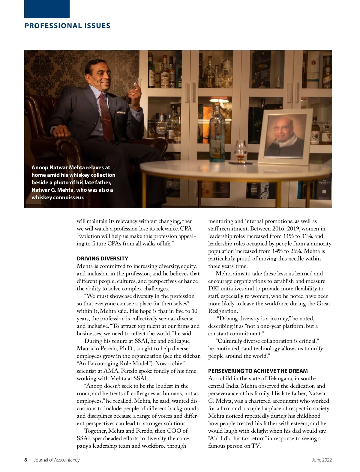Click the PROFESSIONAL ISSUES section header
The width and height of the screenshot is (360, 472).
(67, 26)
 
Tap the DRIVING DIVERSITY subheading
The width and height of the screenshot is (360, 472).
(102, 259)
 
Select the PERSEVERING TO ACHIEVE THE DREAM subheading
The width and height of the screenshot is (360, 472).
(258, 371)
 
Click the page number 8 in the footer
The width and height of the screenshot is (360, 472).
(26, 460)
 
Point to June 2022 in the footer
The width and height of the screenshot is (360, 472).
(322, 460)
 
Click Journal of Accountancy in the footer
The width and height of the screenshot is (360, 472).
(57, 460)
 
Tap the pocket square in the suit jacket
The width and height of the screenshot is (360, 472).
(121, 113)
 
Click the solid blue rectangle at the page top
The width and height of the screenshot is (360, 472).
(47, 9)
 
